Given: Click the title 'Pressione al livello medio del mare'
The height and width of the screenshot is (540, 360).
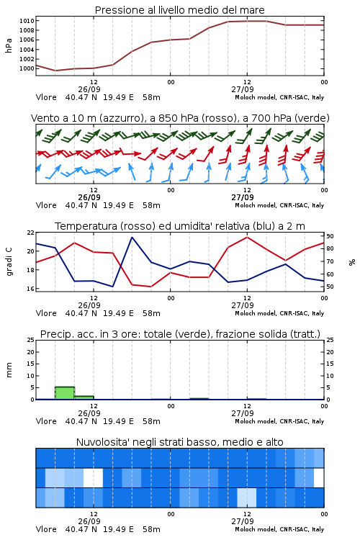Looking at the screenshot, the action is [x=179, y=10].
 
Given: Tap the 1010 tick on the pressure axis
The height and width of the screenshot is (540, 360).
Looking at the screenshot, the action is [x=27, y=21].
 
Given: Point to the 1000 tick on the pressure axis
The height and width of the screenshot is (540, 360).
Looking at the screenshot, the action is [x=27, y=68].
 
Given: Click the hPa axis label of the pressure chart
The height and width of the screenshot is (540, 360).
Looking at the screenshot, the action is [x=9, y=45].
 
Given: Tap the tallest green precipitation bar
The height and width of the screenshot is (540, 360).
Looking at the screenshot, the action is [x=65, y=393].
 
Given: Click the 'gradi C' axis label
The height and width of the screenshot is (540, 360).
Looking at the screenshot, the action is [x=9, y=262].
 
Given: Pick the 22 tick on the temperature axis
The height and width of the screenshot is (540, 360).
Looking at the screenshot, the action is [x=31, y=233].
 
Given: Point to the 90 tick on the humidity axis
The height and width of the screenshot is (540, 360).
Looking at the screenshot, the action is [x=330, y=236].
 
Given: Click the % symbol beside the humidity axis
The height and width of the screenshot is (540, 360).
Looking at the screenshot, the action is [x=352, y=262].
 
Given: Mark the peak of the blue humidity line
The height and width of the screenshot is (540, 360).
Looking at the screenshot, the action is [x=132, y=237].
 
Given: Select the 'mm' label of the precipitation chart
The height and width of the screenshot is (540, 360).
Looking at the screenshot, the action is [x=9, y=370].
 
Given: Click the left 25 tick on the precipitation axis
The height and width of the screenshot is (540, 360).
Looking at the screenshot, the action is [x=31, y=341].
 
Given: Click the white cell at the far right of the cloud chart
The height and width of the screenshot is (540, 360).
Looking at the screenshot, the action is [x=319, y=478].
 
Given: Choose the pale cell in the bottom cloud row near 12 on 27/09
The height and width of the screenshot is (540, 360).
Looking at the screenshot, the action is [x=247, y=498].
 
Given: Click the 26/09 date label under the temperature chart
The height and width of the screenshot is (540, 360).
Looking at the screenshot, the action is [x=89, y=305].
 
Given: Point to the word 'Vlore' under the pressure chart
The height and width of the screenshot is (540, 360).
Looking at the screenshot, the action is [x=46, y=97].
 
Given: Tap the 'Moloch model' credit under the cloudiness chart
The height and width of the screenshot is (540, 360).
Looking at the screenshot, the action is [x=256, y=529].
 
